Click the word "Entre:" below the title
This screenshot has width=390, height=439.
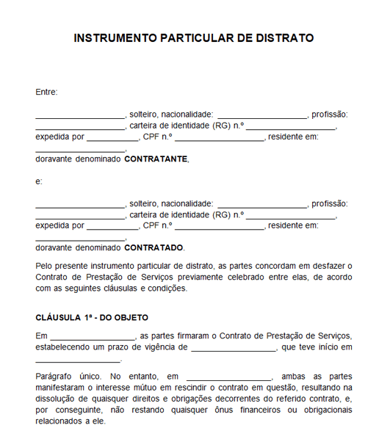pos(46,92)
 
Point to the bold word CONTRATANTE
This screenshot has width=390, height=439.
pos(155,159)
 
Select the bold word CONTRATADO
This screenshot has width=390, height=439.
pos(154,247)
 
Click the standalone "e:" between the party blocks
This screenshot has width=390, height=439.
pos(39,181)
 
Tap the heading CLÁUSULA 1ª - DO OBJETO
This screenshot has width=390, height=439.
pos(92,318)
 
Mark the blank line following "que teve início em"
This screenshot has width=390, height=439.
pos(78,360)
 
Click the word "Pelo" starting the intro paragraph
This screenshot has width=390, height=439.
pos(44,265)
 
